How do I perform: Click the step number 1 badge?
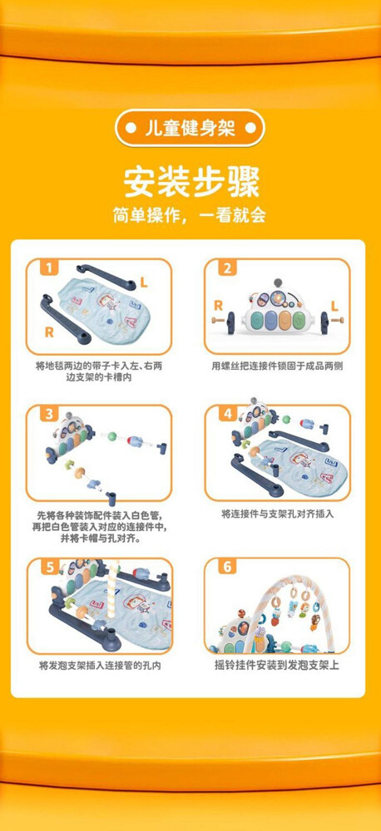coord(49,268)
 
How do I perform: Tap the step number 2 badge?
coord(228,268)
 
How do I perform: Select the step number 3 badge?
coord(49,414)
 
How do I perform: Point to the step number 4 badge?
coord(228,414)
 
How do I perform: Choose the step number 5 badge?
coord(49,568)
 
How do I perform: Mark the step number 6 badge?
coord(228,568)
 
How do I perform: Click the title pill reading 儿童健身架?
coord(190,128)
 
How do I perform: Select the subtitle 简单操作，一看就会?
coord(189,214)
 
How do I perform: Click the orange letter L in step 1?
coord(144,283)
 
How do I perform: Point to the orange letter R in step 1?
coord(49,332)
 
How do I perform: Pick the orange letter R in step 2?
coord(218,305)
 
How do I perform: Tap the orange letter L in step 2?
coord(334,305)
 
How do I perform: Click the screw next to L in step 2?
coord(337,320)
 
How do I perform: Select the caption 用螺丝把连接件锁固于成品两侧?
coord(277,366)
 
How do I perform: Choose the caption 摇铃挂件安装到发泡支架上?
coord(276,665)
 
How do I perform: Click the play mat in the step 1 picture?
coord(104,305)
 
